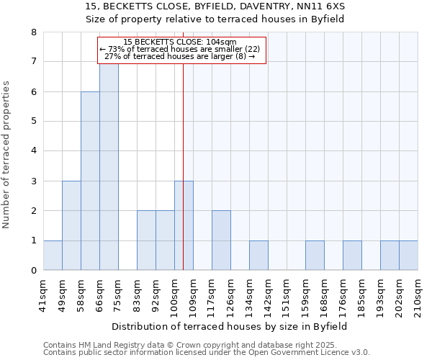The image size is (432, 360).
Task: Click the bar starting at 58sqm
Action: coord(90,181)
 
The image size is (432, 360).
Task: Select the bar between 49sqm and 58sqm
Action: coord(71,225)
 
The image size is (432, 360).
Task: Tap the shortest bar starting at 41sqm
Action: coord(53,256)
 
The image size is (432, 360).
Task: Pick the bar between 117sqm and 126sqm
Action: coord(221,240)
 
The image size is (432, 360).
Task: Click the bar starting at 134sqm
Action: coord(258,256)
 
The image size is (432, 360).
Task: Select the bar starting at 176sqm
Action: coord(352,256)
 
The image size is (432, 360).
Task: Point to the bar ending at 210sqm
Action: coord(408,256)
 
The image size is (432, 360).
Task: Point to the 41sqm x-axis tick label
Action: coord(44,292)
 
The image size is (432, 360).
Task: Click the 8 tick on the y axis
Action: coord(33,32)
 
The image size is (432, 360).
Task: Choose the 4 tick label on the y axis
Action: coord(33,151)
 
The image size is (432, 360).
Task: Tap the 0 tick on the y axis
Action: coord(33,271)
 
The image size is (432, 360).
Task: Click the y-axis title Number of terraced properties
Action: coord(7,155)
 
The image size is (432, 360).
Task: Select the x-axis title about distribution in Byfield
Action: coord(230,326)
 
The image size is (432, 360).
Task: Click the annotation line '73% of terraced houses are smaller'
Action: coord(181,49)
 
